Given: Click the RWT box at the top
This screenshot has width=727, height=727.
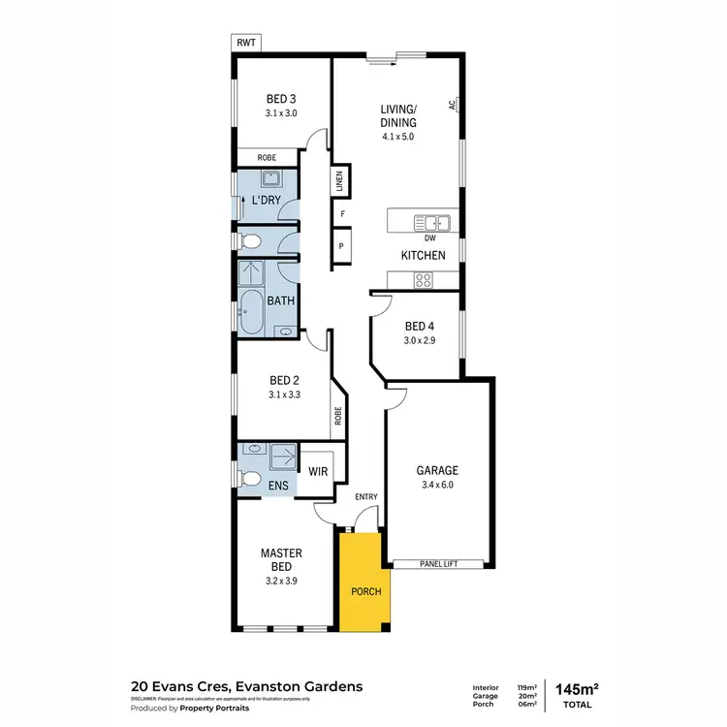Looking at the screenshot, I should [246, 43].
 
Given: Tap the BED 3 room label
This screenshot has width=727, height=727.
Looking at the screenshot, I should [280, 98].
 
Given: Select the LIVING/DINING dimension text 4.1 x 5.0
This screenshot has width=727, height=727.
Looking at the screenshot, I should [397, 137].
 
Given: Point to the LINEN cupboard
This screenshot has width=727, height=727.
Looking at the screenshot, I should [340, 181].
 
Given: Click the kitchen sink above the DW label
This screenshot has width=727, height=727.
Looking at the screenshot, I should [427, 222].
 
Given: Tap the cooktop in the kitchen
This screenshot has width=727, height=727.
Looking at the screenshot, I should [424, 279].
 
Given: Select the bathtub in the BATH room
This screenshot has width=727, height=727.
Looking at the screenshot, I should [250, 311].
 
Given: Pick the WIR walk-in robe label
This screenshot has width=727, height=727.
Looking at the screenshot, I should [316, 472].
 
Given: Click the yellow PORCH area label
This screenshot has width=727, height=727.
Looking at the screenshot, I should [366, 591].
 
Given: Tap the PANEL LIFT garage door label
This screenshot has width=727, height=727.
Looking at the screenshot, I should [438, 563].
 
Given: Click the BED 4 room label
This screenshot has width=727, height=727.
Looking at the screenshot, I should [419, 327].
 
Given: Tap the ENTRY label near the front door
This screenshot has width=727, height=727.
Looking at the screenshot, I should [366, 496].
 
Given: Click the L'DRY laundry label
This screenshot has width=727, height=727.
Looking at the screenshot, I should [267, 200].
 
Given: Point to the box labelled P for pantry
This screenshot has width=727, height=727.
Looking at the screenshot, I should [340, 246].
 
